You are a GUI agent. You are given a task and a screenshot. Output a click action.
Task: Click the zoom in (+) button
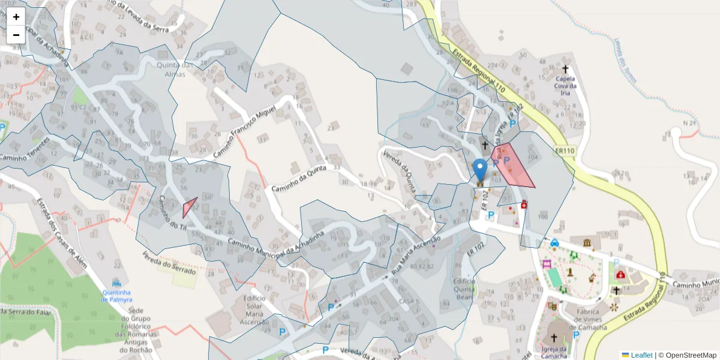pos(16,17)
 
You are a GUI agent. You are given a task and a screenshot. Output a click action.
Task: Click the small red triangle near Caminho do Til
pos(189,208)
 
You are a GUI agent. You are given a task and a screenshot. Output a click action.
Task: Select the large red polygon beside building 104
pos(512,167)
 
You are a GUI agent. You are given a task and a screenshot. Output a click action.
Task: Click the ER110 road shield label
pos(565,151)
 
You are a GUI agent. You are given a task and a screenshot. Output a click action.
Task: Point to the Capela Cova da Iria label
pos(566,82)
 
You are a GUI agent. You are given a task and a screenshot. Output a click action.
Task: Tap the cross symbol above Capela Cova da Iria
pos(565,69)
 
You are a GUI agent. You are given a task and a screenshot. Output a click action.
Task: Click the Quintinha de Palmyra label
pos(117,296)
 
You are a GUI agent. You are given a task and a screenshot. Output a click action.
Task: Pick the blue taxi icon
pos(554,243)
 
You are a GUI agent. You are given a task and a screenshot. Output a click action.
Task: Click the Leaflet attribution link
pos(641,355)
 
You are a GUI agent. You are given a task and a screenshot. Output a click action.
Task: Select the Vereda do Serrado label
pos(169,263)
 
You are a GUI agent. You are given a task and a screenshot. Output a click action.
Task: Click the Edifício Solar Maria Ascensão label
pos(254,310)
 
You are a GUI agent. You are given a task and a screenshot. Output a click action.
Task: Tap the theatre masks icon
pos(553,306)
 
